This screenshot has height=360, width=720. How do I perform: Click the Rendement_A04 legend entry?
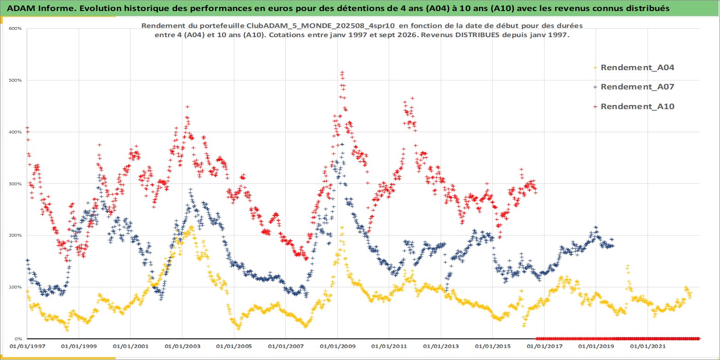click(x=634, y=67)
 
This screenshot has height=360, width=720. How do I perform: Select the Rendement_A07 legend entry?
click(x=634, y=87)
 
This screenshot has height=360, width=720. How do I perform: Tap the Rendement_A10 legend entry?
click(x=634, y=106)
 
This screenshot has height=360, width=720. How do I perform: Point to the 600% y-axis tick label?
click(x=15, y=28)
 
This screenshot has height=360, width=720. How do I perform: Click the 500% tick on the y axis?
click(x=15, y=80)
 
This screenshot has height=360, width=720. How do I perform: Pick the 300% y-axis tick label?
click(x=15, y=184)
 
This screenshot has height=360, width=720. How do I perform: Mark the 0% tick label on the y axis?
click(x=18, y=339)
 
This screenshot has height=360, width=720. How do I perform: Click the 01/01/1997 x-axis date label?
click(x=28, y=347)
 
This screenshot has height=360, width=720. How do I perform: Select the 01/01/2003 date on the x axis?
click(x=182, y=347)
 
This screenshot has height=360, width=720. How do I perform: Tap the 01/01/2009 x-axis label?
click(x=337, y=347)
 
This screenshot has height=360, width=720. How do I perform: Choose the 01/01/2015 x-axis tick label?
click(x=493, y=347)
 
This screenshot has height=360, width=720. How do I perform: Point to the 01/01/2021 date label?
click(x=647, y=347)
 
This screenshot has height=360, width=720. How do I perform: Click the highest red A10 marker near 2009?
click(x=342, y=72)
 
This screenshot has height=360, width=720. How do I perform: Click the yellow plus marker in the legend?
click(x=595, y=68)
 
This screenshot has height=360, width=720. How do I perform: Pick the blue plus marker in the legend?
click(x=595, y=87)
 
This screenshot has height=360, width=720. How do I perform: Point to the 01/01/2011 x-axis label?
click(x=389, y=347)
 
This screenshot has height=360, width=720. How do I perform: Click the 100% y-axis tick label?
click(x=15, y=287)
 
